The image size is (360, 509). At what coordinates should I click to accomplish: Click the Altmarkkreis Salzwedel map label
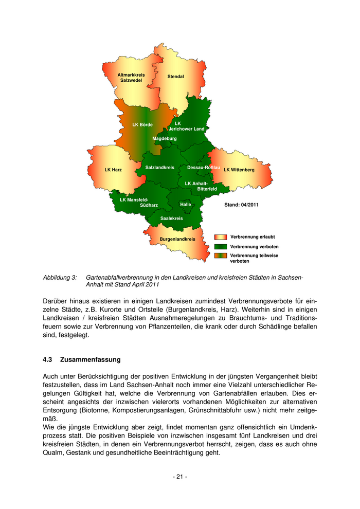pos(131,78)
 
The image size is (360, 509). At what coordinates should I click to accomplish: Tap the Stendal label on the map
pos(175,77)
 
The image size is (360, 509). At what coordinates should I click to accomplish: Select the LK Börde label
pos(142,124)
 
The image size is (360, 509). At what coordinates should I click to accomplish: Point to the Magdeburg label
pos(165,138)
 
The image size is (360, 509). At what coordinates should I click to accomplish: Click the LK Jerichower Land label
pos(186,126)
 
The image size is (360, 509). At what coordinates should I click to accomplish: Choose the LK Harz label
pos(113,170)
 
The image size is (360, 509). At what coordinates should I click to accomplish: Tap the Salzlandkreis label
pos(160,168)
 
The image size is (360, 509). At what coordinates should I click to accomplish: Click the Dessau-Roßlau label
pos(204,168)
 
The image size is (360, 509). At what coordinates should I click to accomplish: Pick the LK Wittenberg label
pos(239,170)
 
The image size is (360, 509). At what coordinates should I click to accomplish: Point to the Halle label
pos(186,205)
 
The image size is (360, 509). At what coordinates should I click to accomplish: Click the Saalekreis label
pos(172,219)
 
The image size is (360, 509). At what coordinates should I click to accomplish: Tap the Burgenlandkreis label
pos(177,239)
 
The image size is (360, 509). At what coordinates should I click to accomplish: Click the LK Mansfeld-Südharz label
pos(138,203)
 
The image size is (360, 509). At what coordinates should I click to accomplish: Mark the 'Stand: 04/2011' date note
pos(241,205)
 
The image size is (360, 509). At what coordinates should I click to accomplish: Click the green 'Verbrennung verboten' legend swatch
pos(220,247)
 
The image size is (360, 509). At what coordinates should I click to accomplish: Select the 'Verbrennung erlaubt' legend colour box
pos(220,237)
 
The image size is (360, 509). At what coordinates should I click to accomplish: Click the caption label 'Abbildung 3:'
pos(60,278)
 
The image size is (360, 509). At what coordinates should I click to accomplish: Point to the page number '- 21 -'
pos(179,477)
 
